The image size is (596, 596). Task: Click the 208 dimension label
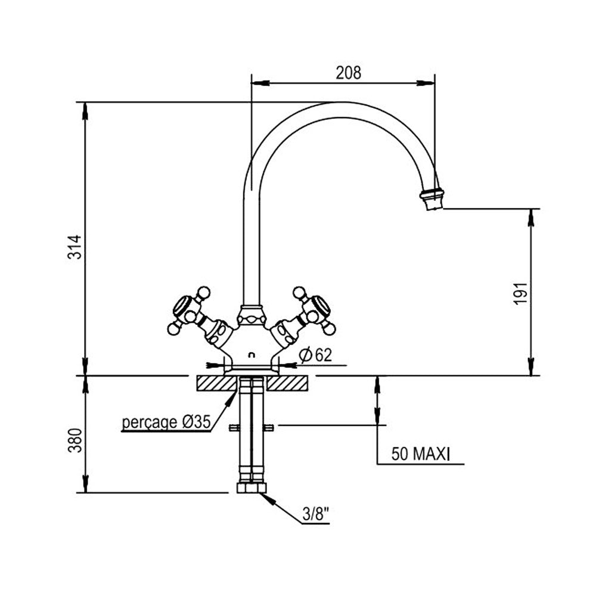click(349, 73)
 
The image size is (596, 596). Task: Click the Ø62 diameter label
click(316, 356)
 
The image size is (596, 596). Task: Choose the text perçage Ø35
click(166, 423)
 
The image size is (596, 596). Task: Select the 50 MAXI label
click(420, 454)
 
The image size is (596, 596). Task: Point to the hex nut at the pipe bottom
click(251, 487)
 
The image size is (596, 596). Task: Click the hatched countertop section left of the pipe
click(213, 383)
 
